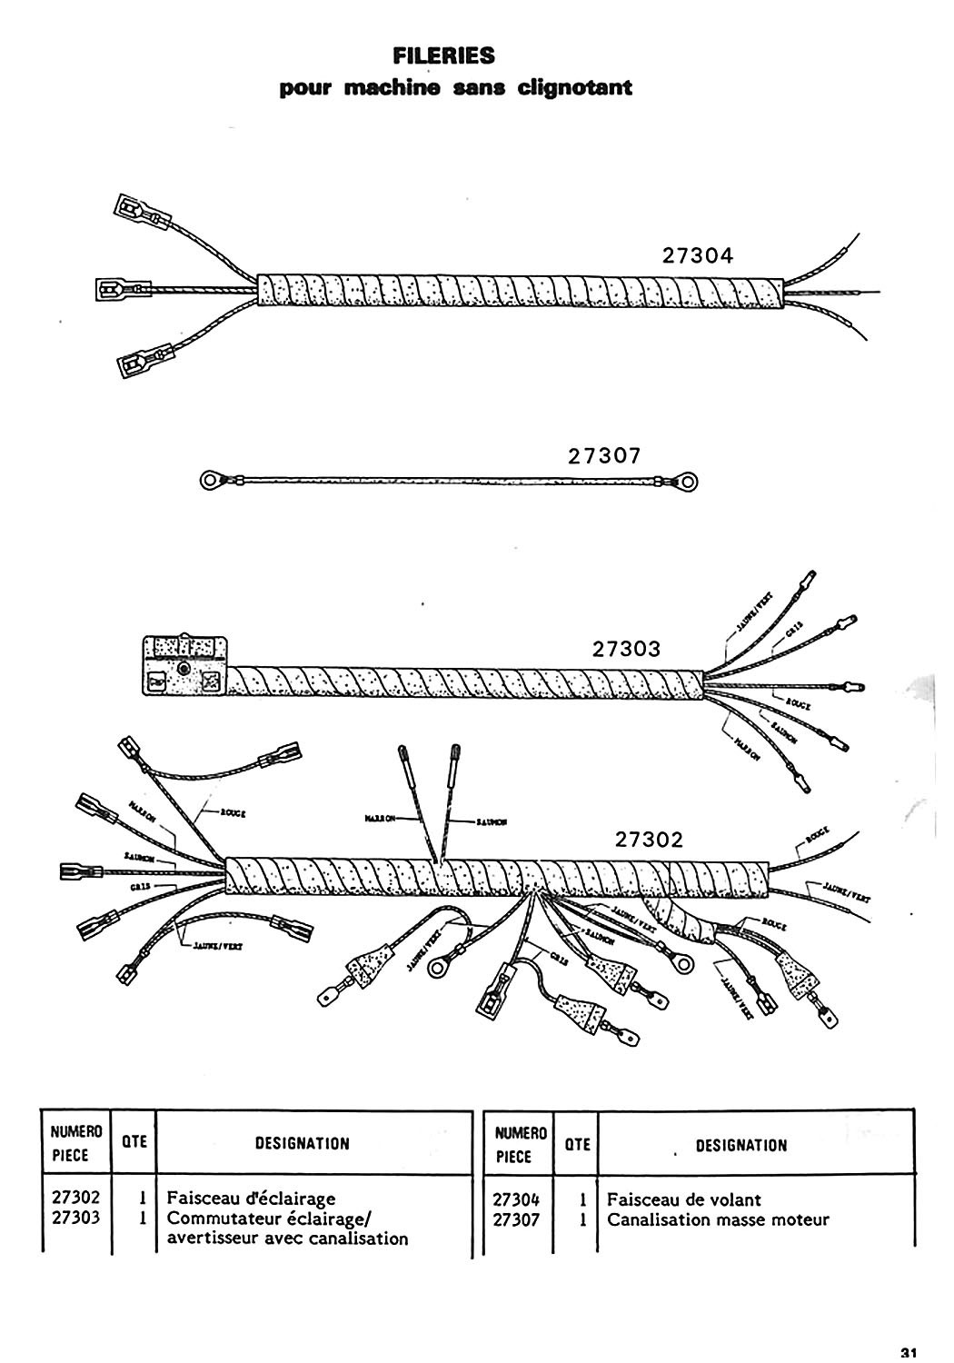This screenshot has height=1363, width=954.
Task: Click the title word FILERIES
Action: [443, 56]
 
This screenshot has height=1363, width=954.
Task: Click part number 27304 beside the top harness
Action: [698, 256]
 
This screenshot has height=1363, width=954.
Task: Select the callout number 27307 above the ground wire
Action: [605, 457]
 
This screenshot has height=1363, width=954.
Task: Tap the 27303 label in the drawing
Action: [626, 650]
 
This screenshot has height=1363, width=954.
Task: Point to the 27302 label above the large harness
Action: [649, 841]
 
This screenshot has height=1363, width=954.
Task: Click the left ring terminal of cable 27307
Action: [212, 478]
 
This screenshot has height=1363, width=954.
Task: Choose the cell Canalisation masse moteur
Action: [718, 1219]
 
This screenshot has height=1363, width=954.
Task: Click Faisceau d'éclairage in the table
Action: [251, 1199]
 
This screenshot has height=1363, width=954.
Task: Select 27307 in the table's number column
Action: [516, 1219]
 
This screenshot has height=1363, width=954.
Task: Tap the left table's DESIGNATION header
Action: [303, 1143]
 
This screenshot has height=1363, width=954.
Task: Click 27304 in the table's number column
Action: [516, 1199]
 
